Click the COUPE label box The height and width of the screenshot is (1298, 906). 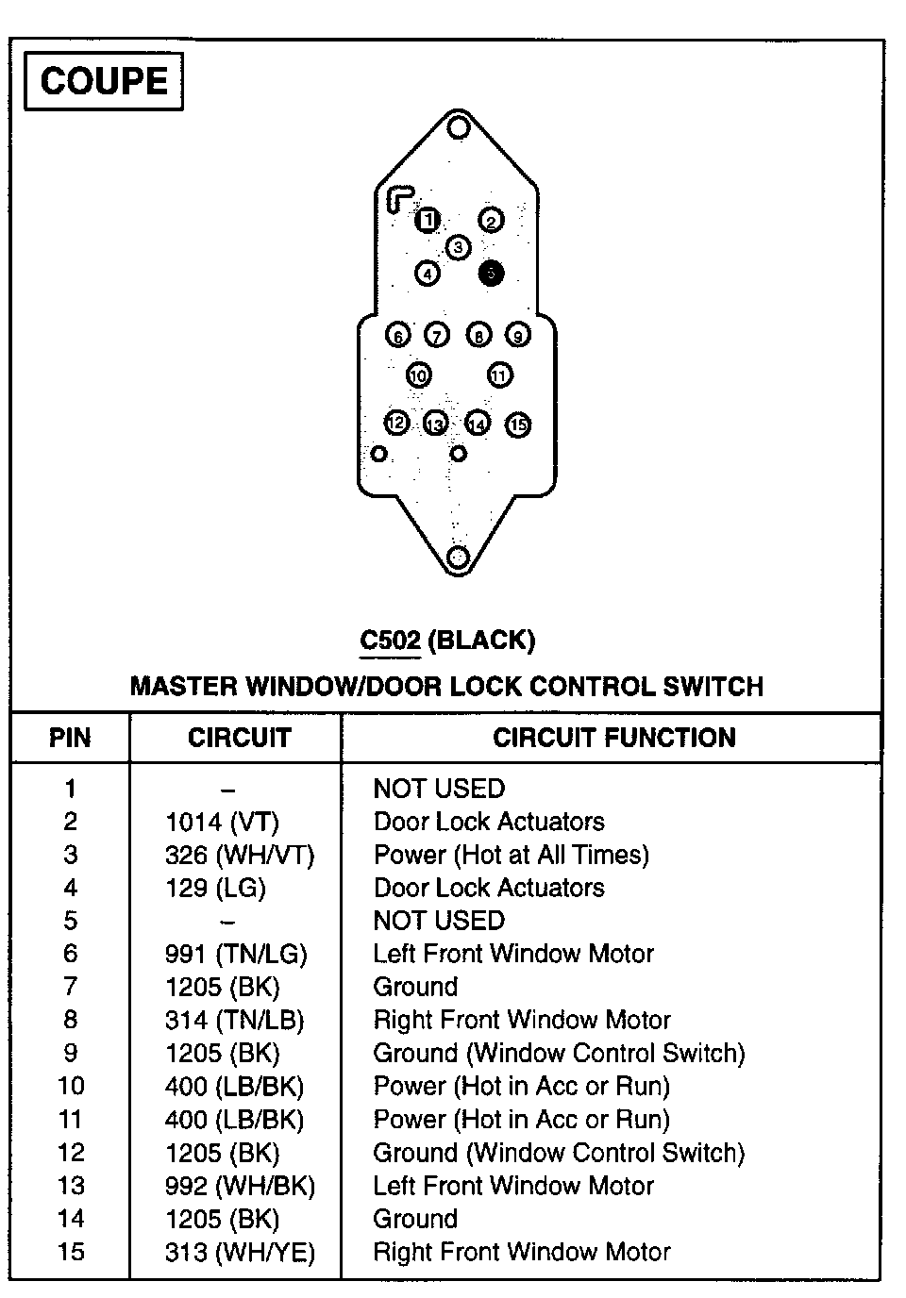pyautogui.click(x=104, y=82)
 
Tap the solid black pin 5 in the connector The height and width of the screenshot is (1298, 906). pyautogui.click(x=491, y=273)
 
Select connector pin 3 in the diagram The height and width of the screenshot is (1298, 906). pyautogui.click(x=459, y=248)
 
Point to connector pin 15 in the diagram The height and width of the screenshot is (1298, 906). pyautogui.click(x=518, y=425)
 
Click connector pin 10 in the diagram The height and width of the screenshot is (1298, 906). pyautogui.click(x=418, y=375)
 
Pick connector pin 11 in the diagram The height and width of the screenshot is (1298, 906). pyautogui.click(x=499, y=375)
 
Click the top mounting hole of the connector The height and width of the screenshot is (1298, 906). pyautogui.click(x=459, y=126)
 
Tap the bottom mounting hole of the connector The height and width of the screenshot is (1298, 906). pyautogui.click(x=458, y=556)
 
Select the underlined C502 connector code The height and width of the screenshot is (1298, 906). pyautogui.click(x=390, y=641)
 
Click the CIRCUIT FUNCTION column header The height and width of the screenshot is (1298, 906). pyautogui.click(x=613, y=738)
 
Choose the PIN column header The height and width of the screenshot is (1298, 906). pyautogui.click(x=70, y=738)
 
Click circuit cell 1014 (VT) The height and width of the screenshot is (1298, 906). pyautogui.click(x=222, y=822)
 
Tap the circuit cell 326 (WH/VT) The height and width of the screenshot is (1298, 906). pyautogui.click(x=240, y=855)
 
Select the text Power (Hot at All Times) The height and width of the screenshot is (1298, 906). pyautogui.click(x=512, y=855)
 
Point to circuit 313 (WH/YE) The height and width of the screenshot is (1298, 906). pyautogui.click(x=240, y=1252)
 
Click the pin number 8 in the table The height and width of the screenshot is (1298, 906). pyautogui.click(x=71, y=1020)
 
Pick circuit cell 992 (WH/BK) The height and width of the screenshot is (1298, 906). pyautogui.click(x=240, y=1186)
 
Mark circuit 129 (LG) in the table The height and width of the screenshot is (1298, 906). pyautogui.click(x=215, y=888)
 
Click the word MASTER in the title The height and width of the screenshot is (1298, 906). pyautogui.click(x=184, y=686)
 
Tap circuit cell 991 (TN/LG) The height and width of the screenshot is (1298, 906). pyautogui.click(x=236, y=954)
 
